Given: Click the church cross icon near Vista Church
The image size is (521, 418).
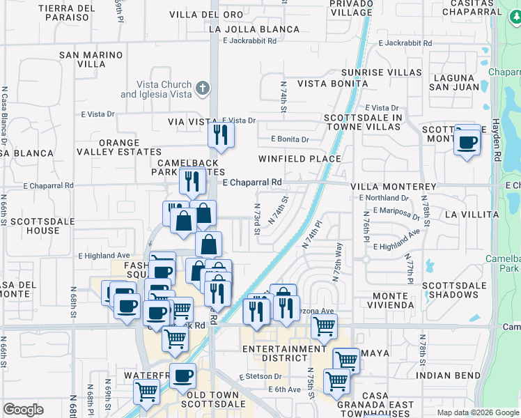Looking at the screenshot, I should coord(202,88).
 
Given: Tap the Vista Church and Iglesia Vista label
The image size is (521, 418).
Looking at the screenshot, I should coord(156,90).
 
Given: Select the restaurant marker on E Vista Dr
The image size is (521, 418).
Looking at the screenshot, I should coord(221,135).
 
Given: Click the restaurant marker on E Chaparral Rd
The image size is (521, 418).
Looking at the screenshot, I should coord(192,181).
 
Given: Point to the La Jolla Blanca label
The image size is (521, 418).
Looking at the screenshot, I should coord(254,30).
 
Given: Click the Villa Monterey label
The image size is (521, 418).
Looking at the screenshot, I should coord(393,187).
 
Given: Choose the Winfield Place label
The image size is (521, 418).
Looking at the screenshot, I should coord(300,159).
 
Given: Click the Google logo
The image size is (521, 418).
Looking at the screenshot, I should coord(23,410).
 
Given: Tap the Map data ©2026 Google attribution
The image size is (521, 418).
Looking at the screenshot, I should coord(477,412).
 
